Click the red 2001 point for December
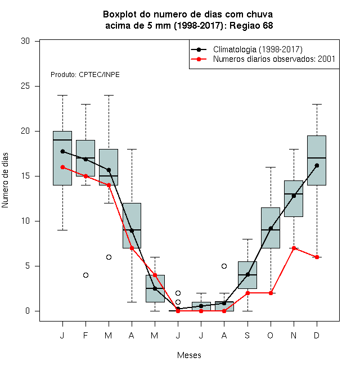coord(317,257)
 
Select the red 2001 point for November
coord(294,248)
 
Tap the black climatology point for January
coord(62,151)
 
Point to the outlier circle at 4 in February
coord(85,275)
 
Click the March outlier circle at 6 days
coord(109,257)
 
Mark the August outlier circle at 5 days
coord(224,266)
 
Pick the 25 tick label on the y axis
coord(25,86)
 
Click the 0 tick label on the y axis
coord(28,311)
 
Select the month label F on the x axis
coord(85,335)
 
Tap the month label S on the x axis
coord(247,335)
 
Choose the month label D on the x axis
coord(317,335)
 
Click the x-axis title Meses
coord(189,355)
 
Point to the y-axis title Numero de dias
coord(5,180)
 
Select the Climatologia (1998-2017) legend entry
coord(247,49)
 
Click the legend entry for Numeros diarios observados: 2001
coord(263,59)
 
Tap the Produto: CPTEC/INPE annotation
coord(85,75)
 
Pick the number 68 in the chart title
coord(268,25)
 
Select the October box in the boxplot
coord(271,228)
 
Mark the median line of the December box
coord(317,158)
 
